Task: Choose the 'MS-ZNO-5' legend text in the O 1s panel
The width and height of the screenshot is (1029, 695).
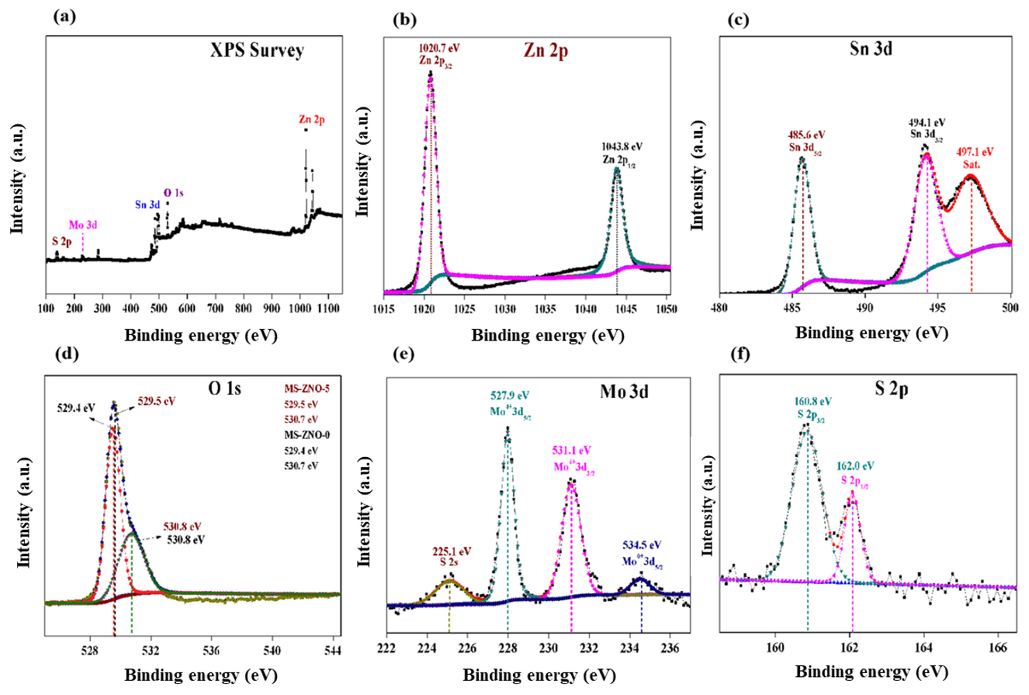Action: pos(307,389)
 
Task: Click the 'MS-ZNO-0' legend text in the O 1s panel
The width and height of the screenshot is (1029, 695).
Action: pos(307,435)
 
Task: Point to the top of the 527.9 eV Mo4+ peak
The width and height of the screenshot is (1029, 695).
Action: pos(507,428)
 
